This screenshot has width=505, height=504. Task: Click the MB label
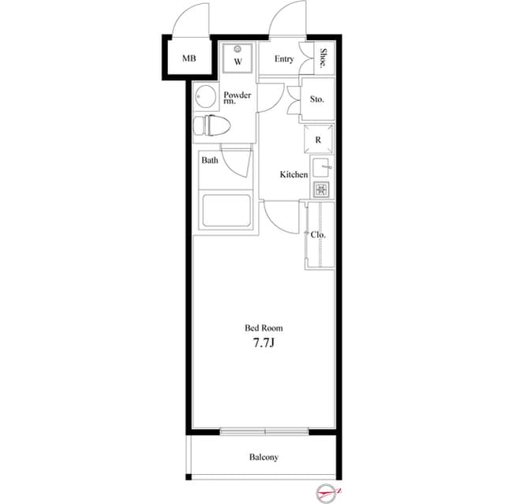tap(189, 58)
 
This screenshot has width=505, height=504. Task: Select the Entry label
tap(284, 59)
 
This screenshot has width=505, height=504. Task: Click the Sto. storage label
tap(317, 100)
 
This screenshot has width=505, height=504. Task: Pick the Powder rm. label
tap(237, 99)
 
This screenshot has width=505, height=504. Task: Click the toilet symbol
tap(214, 125)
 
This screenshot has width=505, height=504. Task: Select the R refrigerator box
tap(317, 140)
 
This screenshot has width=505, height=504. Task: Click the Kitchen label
tap(294, 174)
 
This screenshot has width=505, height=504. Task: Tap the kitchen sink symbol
tap(321, 168)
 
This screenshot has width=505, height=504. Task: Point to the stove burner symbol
tap(320, 189)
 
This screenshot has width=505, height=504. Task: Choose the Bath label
tap(209, 160)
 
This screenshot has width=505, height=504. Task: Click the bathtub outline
tap(226, 211)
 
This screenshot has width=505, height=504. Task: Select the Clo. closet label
tap(318, 234)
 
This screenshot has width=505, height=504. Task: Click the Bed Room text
tap(263, 327)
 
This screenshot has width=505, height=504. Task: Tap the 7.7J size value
tap(263, 343)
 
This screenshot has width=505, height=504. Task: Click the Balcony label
tap(264, 457)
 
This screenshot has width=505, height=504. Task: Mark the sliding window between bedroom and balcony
tap(264, 431)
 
